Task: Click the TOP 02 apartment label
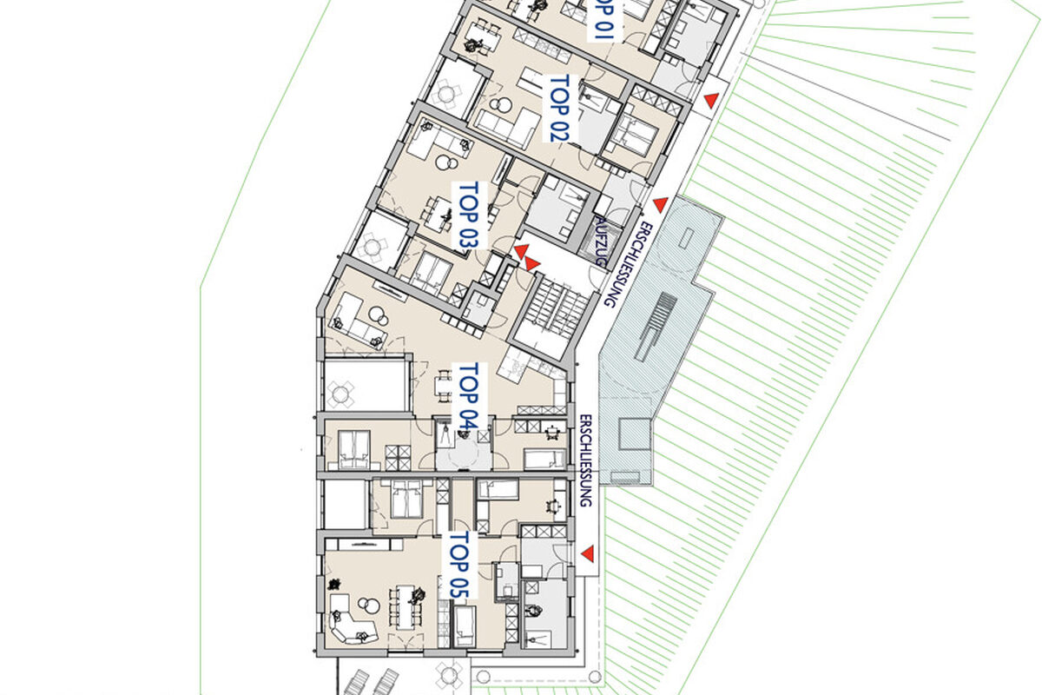pyautogui.click(x=559, y=109)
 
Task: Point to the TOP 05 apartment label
pyautogui.click(x=459, y=566)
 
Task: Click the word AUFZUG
pyautogui.click(x=601, y=242)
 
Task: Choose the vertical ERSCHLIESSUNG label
pyautogui.click(x=586, y=460)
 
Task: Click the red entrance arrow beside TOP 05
pyautogui.click(x=588, y=553)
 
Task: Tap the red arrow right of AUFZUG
pyautogui.click(x=661, y=204)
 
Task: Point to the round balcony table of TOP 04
pyautogui.click(x=340, y=394)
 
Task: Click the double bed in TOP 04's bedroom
pyautogui.click(x=355, y=449)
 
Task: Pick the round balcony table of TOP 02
pyautogui.click(x=445, y=95)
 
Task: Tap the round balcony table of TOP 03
pyautogui.click(x=373, y=247)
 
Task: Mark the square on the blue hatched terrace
pyautogui.click(x=635, y=434)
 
